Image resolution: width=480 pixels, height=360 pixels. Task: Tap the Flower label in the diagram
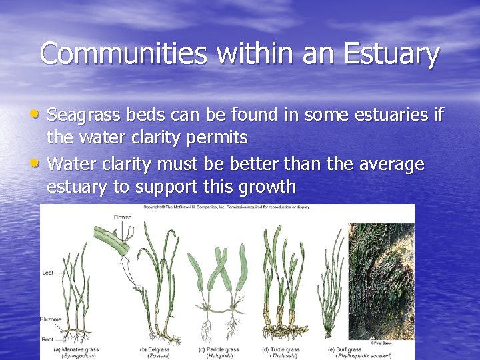click(121, 217)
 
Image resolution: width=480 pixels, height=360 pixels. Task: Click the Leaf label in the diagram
click(49, 271)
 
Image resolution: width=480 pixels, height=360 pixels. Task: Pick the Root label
click(48, 339)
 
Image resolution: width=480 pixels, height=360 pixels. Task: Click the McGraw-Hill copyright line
click(227, 207)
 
